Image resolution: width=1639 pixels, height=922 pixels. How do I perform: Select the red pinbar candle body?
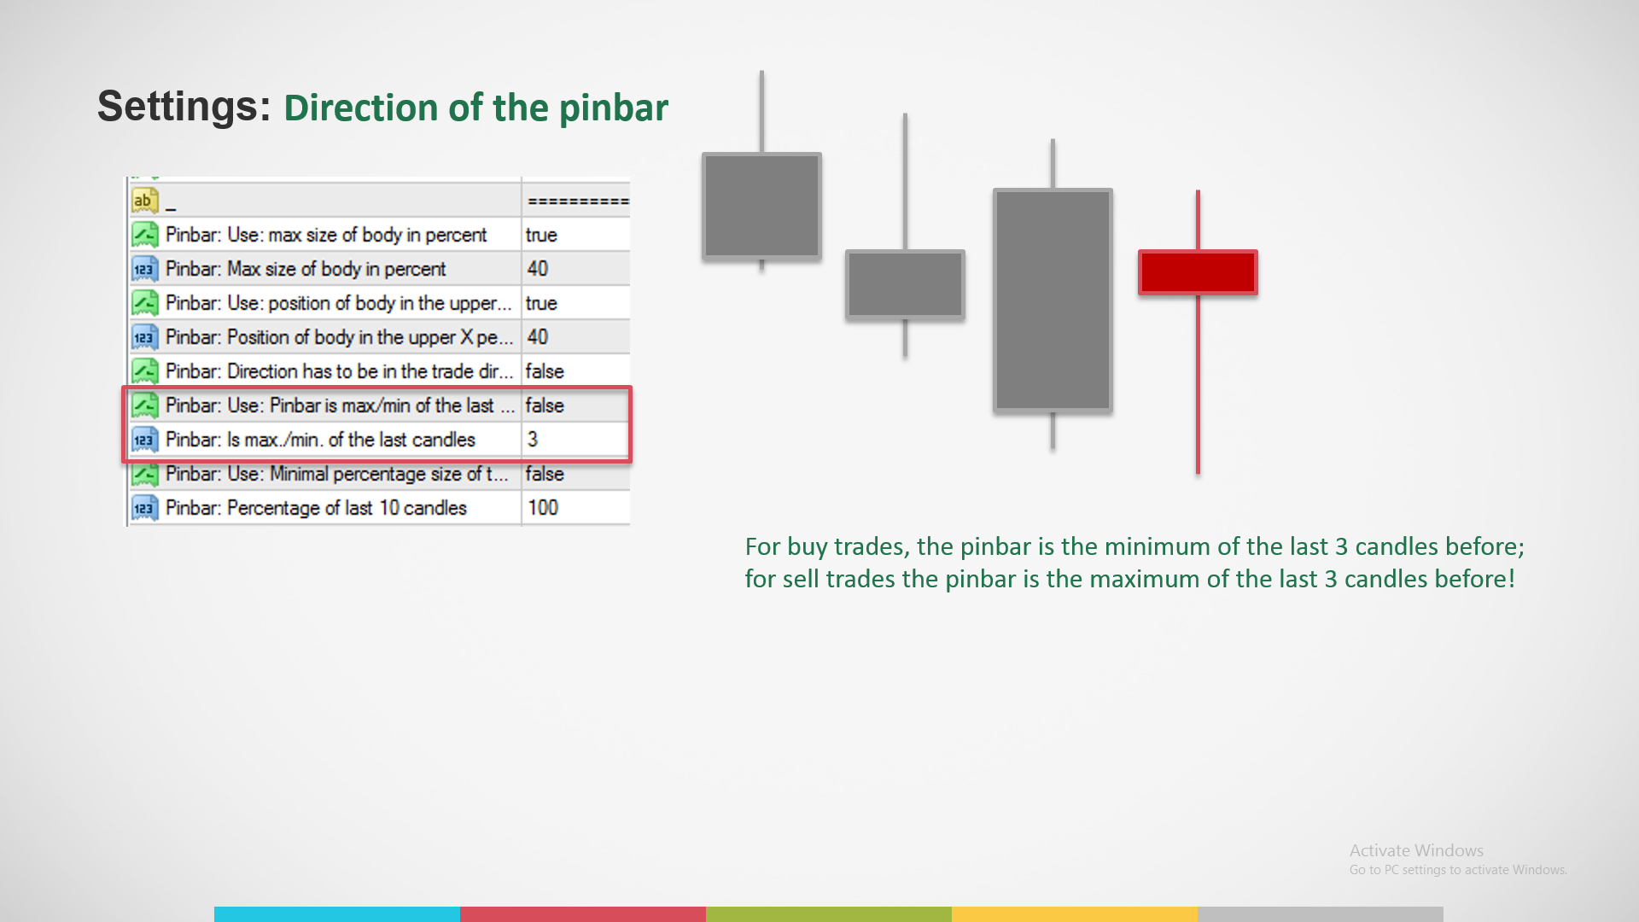[1198, 272]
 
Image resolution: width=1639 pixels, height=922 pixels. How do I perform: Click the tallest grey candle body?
[1053, 301]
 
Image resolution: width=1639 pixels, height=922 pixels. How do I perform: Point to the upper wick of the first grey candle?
[761, 112]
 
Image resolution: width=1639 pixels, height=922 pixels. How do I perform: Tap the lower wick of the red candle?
[1198, 384]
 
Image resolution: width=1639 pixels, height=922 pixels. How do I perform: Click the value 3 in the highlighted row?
[533, 440]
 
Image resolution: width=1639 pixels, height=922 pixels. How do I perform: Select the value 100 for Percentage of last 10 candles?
[543, 508]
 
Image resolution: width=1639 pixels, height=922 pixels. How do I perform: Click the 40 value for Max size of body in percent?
[538, 269]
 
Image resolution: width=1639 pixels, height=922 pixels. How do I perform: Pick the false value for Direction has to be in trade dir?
[545, 371]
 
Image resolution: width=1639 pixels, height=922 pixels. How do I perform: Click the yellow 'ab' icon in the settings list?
[144, 201]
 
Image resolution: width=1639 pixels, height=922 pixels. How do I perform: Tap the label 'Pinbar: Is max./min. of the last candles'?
[320, 440]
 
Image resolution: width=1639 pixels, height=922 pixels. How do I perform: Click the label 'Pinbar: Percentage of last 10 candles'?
[316, 508]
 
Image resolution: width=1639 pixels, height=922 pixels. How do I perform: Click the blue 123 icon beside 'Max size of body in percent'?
[144, 269]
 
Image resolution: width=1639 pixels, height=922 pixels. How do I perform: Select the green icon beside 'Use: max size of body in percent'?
[144, 235]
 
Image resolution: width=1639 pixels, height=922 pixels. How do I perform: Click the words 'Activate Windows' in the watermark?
[1416, 850]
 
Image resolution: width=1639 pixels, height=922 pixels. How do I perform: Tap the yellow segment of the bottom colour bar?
[1075, 914]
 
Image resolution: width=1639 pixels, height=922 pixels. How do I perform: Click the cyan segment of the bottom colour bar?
[337, 914]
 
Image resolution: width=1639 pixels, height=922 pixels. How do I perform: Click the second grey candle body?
[905, 284]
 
